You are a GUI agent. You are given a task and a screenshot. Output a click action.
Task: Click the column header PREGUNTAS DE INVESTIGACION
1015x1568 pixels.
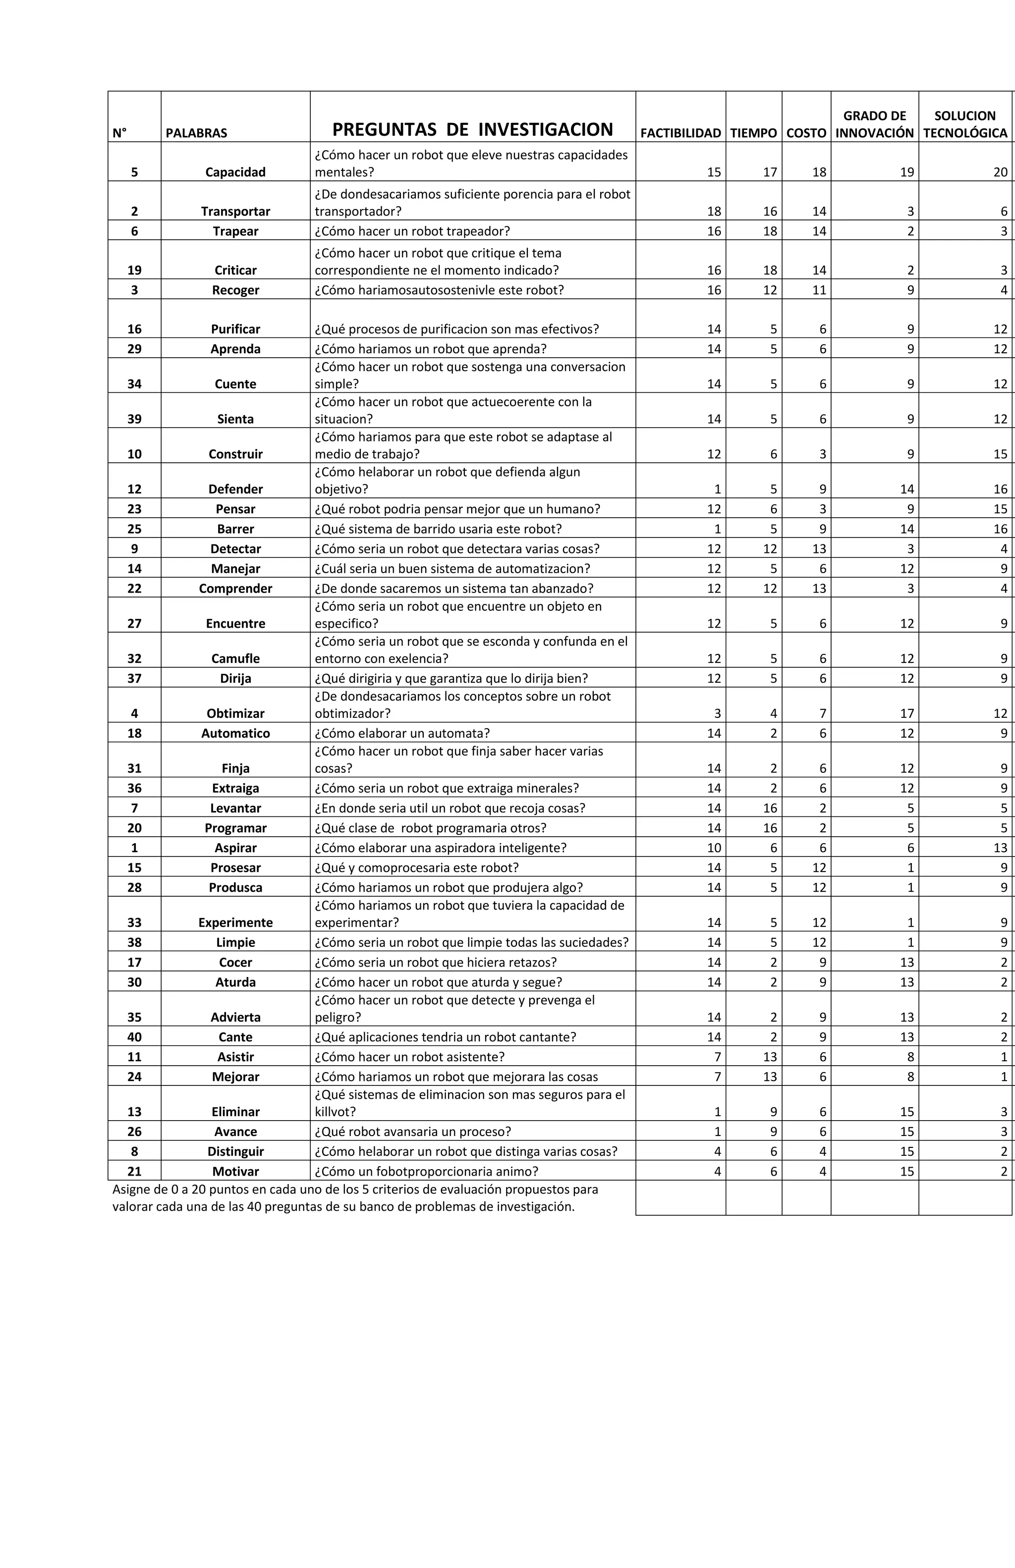(x=473, y=129)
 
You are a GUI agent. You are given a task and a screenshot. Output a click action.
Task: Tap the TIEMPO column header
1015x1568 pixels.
(x=753, y=133)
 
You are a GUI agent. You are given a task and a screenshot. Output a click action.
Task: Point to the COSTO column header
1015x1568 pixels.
(x=806, y=133)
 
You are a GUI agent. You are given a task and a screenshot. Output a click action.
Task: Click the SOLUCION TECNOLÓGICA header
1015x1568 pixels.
(x=965, y=124)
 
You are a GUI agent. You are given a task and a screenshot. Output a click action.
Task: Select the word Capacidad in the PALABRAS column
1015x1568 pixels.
(x=235, y=172)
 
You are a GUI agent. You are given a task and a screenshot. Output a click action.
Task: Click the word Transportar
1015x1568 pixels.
(x=235, y=212)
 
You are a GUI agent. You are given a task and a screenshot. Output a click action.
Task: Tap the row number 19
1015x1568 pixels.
(x=134, y=270)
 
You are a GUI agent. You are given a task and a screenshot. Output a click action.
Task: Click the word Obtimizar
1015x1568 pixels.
(x=235, y=713)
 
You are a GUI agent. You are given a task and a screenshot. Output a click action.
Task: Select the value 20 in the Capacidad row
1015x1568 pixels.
(x=1000, y=172)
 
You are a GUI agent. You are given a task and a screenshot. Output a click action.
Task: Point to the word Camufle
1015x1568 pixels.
(x=235, y=659)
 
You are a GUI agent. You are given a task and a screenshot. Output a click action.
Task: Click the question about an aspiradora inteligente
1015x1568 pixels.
(x=440, y=848)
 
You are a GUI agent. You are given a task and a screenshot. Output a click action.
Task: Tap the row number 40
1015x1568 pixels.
(x=134, y=1037)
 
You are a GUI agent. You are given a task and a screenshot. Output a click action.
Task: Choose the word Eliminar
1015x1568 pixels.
(x=235, y=1112)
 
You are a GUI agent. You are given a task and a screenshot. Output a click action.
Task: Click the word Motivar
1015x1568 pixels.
(x=235, y=1171)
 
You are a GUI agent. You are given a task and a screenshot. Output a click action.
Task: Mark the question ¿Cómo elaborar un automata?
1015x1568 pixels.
(x=402, y=733)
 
